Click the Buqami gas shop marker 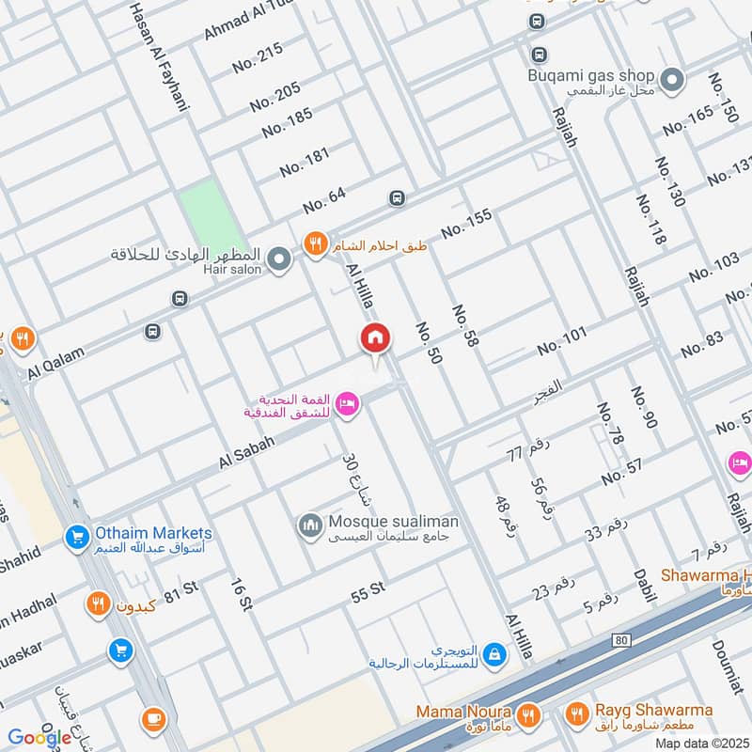click(672, 81)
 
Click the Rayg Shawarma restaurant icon click(575, 716)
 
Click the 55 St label click(368, 589)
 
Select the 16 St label click(242, 590)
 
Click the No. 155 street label click(466, 223)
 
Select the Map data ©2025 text click(700, 744)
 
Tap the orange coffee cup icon click(152, 720)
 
